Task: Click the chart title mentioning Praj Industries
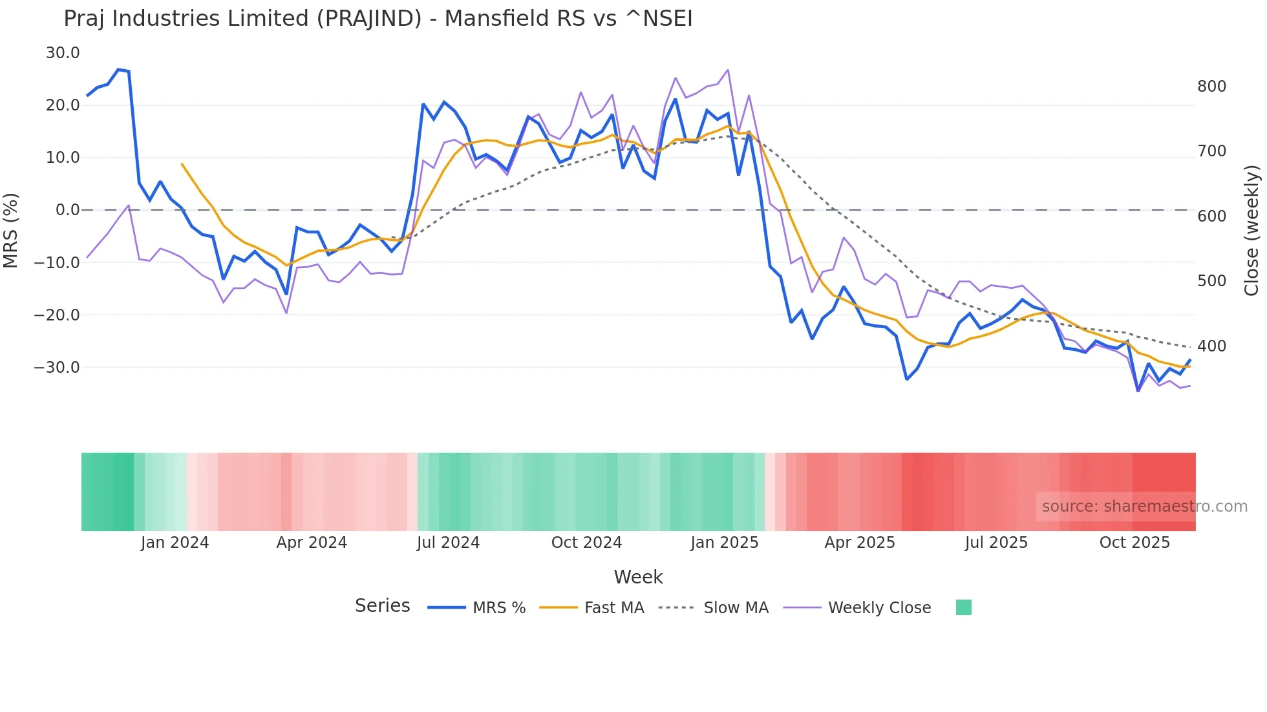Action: [378, 19]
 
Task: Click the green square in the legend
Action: [963, 607]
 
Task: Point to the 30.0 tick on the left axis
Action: [63, 53]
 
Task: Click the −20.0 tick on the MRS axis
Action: [57, 315]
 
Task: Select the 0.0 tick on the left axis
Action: [67, 210]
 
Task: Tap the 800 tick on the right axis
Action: [1211, 87]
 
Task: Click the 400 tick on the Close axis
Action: [1211, 346]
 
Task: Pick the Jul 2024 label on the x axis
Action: [448, 543]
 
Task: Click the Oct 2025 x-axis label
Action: [1134, 543]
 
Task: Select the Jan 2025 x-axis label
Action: [724, 543]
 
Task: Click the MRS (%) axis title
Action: [11, 230]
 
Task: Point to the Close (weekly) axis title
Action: [1251, 230]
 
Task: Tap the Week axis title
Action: [638, 577]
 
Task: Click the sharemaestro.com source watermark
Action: [1144, 507]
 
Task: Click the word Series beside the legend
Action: [382, 606]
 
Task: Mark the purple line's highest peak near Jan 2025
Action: [728, 70]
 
